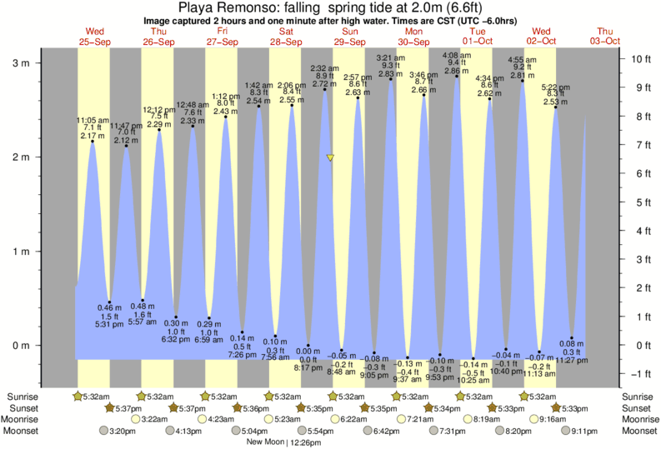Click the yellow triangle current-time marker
point(331,157)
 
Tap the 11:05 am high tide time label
point(92,120)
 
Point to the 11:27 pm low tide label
point(572,361)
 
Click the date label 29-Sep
point(349,42)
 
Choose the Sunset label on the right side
point(638,408)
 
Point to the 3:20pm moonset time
point(121,431)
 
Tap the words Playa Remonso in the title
point(223,8)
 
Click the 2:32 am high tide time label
point(323,67)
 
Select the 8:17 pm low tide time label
point(308,367)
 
